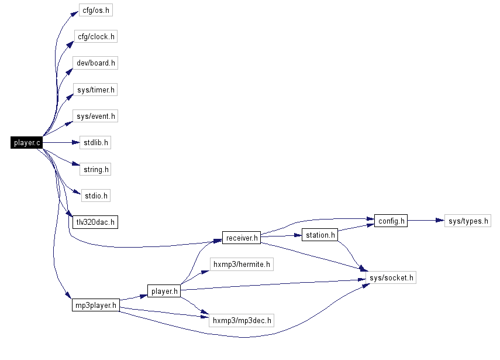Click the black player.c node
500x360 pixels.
click(26, 142)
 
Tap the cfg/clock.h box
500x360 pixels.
click(96, 37)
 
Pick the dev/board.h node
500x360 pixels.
click(96, 63)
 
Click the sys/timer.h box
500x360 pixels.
click(96, 90)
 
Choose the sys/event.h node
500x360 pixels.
click(96, 116)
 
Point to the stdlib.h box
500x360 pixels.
click(95, 142)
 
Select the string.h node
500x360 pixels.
click(95, 169)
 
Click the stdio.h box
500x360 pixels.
click(95, 196)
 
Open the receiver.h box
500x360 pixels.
click(241, 238)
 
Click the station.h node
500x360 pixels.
click(320, 235)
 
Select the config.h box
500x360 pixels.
click(390, 221)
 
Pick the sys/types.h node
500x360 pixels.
click(467, 221)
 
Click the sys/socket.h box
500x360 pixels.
click(390, 277)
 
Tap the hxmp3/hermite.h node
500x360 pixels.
click(242, 265)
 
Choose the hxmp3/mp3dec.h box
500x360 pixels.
click(242, 320)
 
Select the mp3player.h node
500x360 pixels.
click(95, 305)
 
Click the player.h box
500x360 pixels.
click(164, 290)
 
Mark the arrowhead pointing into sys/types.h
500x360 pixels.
click(440, 221)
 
